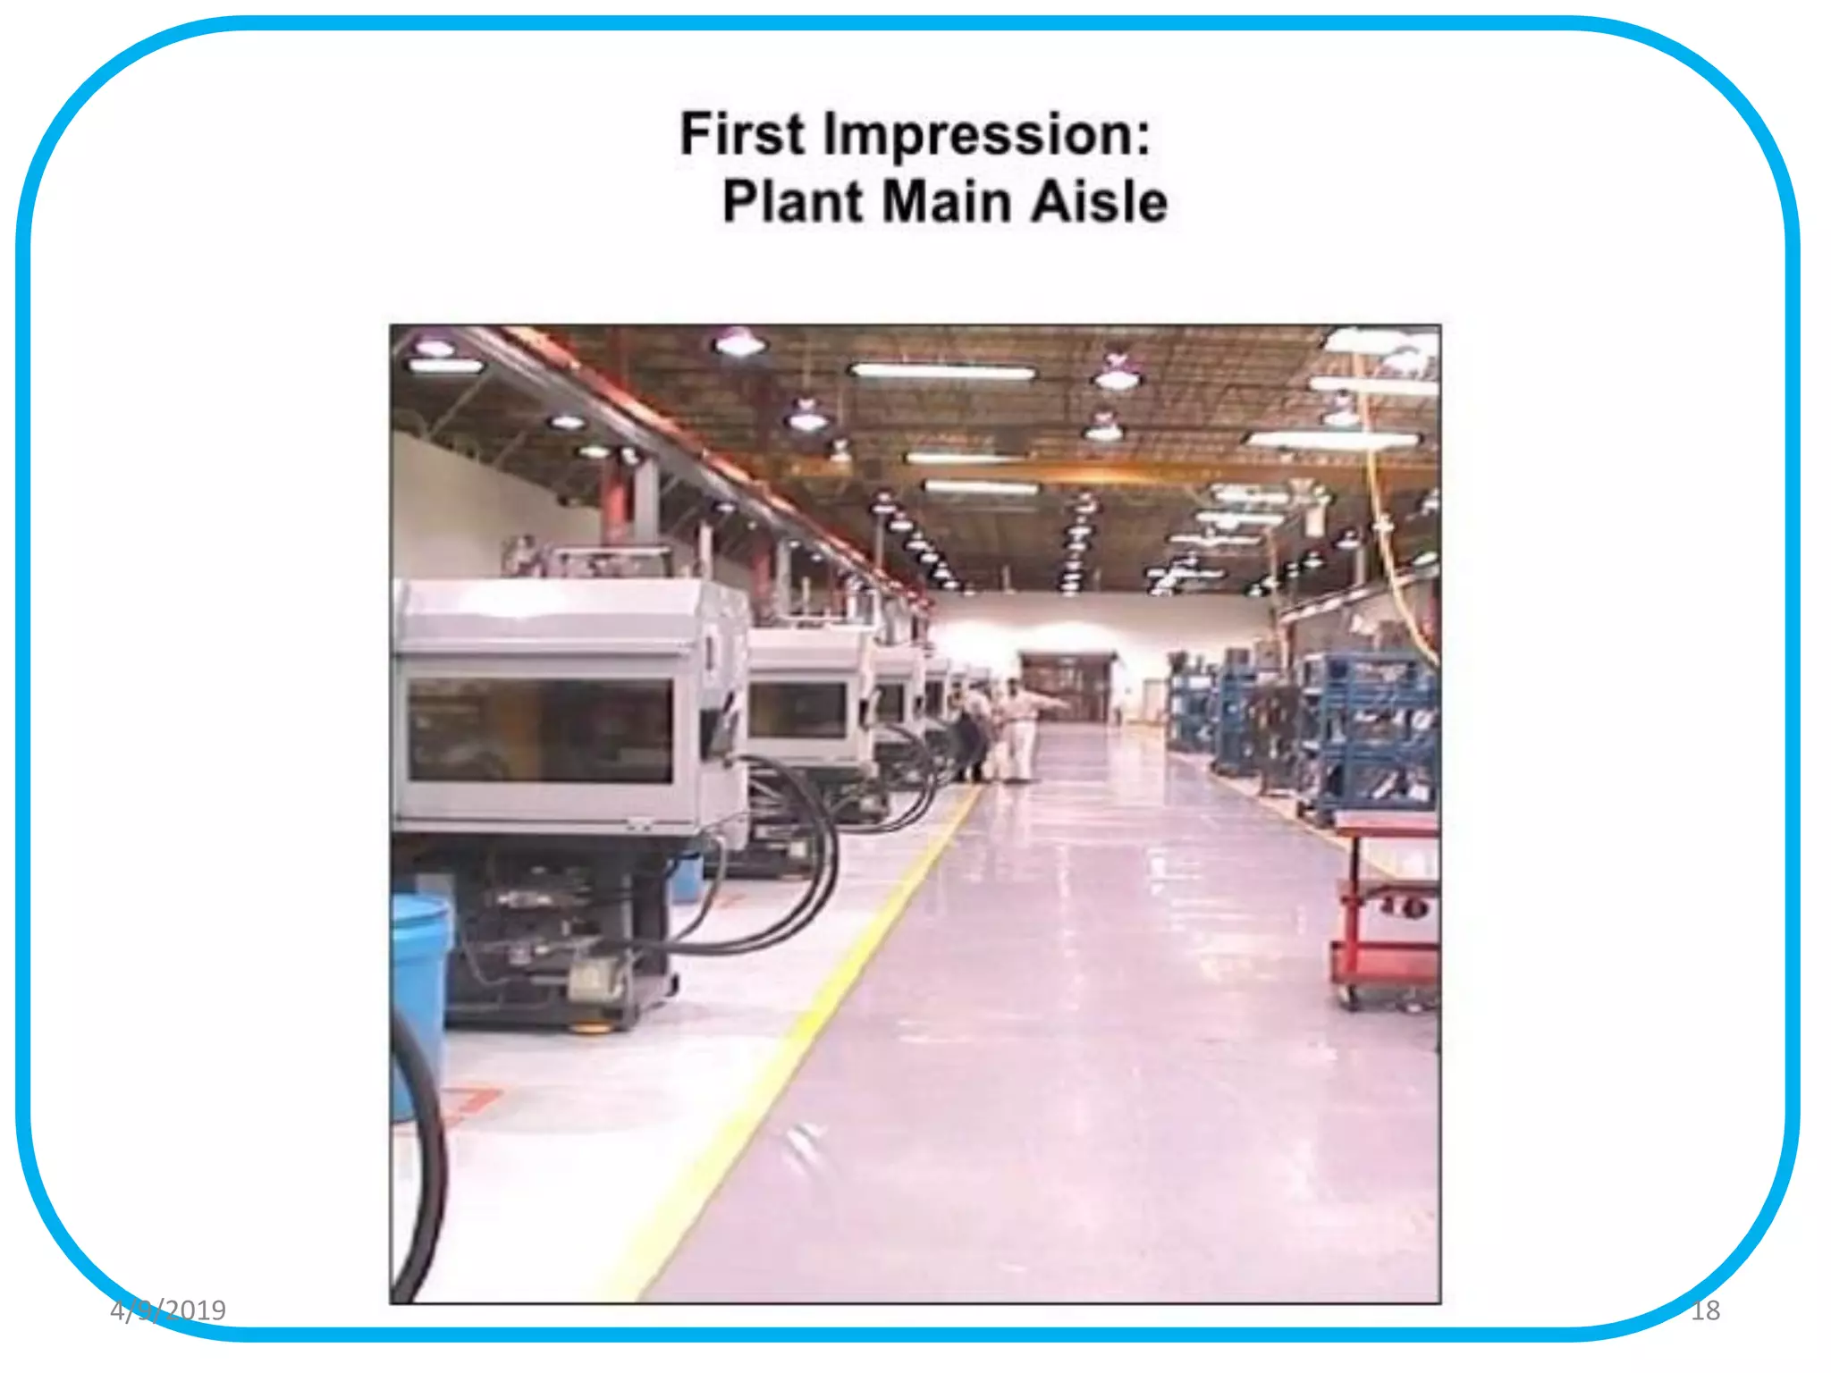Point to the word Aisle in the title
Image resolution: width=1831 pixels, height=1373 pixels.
[1099, 202]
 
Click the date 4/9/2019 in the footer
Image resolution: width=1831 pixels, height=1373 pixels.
[168, 1310]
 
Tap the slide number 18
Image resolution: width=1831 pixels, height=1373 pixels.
[1705, 1310]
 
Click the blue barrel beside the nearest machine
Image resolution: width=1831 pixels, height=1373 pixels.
[418, 983]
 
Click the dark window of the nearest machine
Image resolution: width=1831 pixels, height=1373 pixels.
[540, 729]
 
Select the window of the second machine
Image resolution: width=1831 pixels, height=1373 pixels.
[797, 711]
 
